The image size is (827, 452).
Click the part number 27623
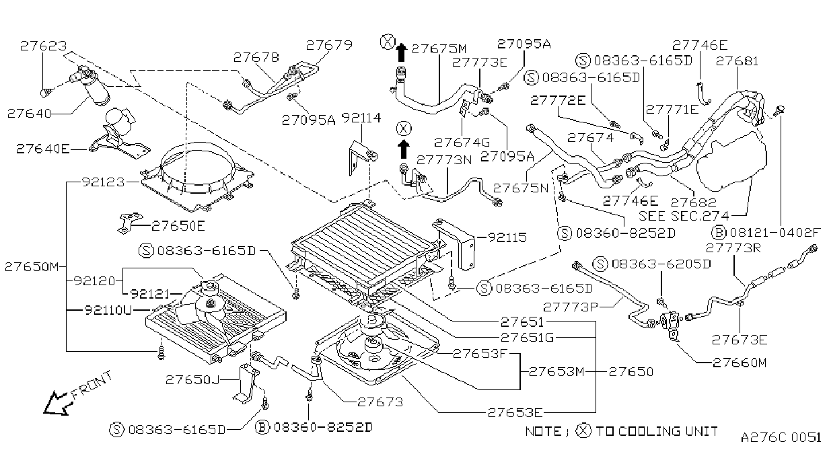(x=44, y=46)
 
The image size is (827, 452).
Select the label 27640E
(x=43, y=149)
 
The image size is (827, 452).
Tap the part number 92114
(x=361, y=118)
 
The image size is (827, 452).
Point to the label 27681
(x=737, y=61)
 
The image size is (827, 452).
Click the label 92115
(x=507, y=237)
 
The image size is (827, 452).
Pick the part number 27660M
(x=740, y=363)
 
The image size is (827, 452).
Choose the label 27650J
(x=192, y=379)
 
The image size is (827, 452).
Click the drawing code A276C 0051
(x=781, y=437)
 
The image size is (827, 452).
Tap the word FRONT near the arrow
(x=92, y=385)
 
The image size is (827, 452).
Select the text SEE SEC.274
(x=684, y=216)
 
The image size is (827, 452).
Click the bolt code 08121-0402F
(x=775, y=233)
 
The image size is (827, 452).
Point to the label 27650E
(x=178, y=226)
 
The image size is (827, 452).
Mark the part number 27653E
(x=515, y=412)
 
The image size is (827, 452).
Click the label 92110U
(x=108, y=310)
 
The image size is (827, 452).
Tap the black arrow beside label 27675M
(x=401, y=52)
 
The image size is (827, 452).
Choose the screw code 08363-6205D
(x=661, y=264)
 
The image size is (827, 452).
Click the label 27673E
(x=740, y=340)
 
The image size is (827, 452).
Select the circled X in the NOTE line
(x=583, y=431)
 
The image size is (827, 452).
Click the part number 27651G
(x=527, y=337)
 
